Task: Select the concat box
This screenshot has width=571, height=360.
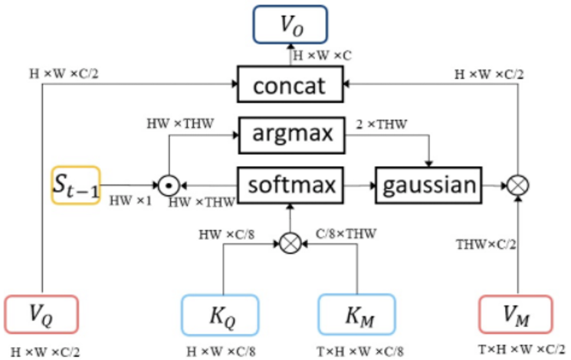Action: [x=290, y=83]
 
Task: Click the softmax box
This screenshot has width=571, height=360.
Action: [x=290, y=185]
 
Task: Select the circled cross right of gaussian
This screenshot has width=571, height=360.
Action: [x=519, y=185]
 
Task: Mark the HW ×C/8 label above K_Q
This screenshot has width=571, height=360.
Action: [x=228, y=228]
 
